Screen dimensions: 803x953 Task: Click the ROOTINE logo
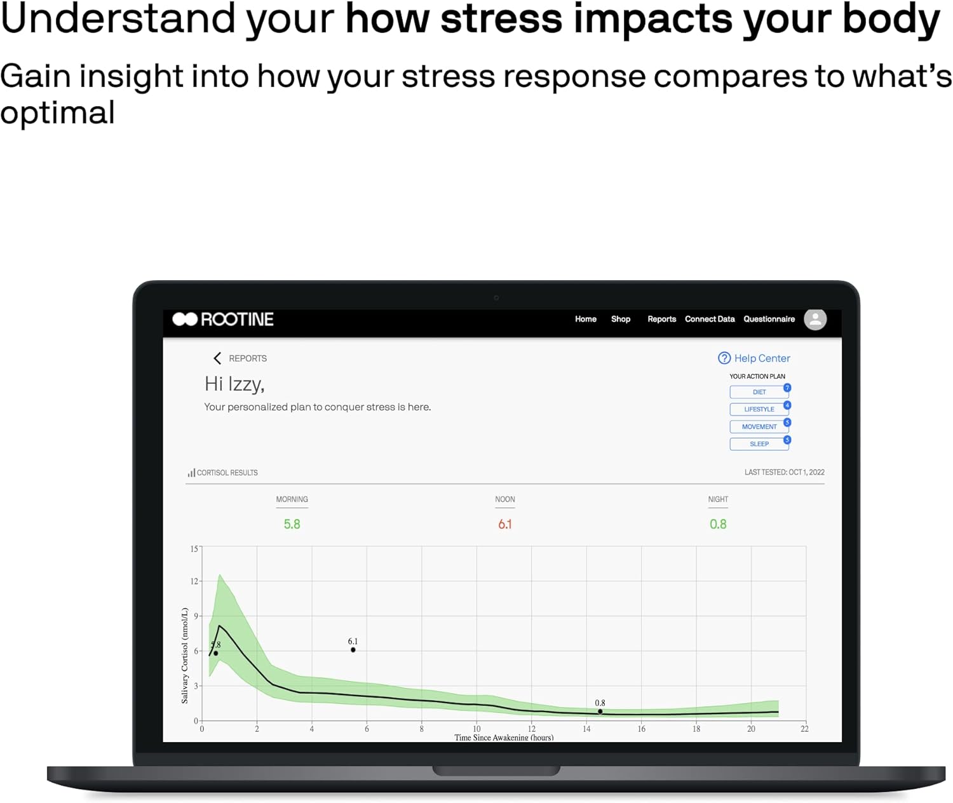223,319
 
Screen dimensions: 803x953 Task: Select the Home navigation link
585,319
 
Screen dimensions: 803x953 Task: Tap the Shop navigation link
620,319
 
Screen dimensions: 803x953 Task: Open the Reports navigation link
661,319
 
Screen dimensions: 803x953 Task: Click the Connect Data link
709,319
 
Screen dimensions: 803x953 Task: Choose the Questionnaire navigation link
769,319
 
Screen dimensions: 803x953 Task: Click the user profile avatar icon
815,319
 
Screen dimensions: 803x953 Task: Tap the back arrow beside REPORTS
217,358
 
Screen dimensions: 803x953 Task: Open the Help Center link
754,358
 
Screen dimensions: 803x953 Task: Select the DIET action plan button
759,392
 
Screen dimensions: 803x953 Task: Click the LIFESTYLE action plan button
759,409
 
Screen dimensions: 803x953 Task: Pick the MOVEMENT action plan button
759,427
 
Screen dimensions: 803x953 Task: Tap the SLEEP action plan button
759,444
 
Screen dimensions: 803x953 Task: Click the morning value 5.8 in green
292,524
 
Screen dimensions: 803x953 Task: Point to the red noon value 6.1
504,524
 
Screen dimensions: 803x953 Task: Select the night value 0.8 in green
718,524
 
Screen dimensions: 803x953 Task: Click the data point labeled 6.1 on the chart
353,650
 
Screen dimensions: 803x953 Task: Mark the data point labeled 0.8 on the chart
600,712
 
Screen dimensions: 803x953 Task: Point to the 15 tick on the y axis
194,549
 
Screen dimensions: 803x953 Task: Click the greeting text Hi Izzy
234,384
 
